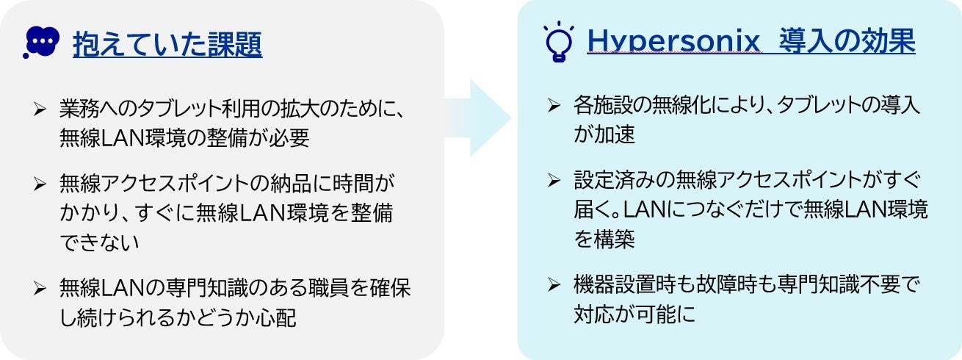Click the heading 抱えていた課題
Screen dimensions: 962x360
click(167, 45)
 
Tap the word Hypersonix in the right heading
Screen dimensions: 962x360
click(673, 43)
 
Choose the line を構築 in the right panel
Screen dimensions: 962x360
click(604, 240)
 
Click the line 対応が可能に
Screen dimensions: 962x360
click(633, 314)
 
